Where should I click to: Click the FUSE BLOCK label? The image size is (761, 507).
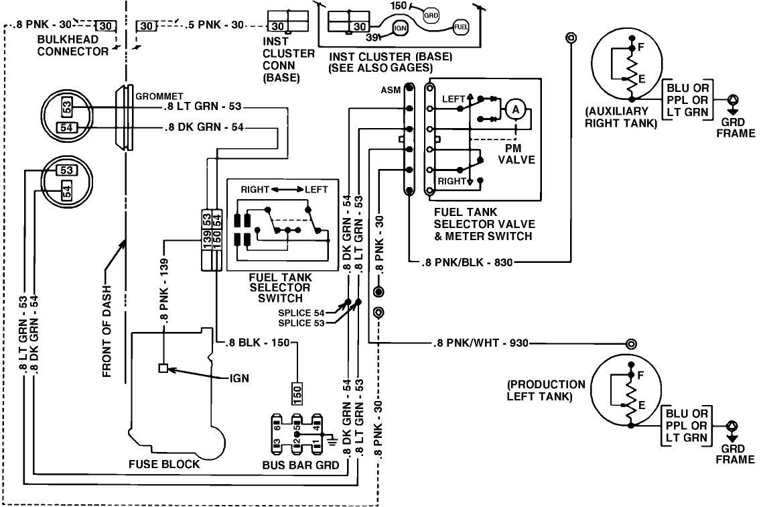(x=164, y=463)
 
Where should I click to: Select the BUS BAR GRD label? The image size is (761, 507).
(x=301, y=463)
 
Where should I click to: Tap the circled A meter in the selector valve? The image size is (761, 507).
(x=514, y=108)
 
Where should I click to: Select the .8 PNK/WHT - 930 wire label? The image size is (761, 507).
(x=480, y=344)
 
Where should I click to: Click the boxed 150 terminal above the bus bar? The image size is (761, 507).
(x=297, y=392)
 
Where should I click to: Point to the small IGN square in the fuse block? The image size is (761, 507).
(x=163, y=368)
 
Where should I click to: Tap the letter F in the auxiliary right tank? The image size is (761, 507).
(x=641, y=48)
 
